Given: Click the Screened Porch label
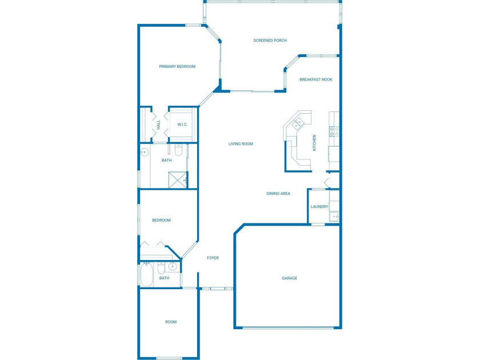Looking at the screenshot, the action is (270, 41).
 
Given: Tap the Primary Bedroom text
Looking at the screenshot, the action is (177, 66).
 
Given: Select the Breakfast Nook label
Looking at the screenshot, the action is (316, 79).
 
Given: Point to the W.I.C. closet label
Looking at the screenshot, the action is (182, 125).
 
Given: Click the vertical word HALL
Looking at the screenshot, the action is (159, 125).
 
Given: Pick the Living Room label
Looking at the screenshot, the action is (241, 144).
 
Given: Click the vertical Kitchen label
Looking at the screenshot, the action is (314, 143).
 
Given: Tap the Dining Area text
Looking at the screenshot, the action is (278, 194).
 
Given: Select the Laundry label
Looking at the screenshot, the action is (319, 207).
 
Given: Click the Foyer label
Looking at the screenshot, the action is (213, 258).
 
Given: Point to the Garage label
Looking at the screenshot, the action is (290, 278).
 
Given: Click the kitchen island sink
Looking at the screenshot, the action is (298, 123).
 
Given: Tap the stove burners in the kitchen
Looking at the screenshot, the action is (334, 131).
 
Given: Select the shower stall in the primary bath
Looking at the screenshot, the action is (178, 180).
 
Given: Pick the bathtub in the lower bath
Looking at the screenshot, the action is (147, 275).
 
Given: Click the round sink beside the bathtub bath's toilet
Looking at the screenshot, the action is (173, 266).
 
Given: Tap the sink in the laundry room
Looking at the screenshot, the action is (334, 217).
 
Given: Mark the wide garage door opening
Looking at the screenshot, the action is (288, 328).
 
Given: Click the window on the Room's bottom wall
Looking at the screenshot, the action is (169, 358).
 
